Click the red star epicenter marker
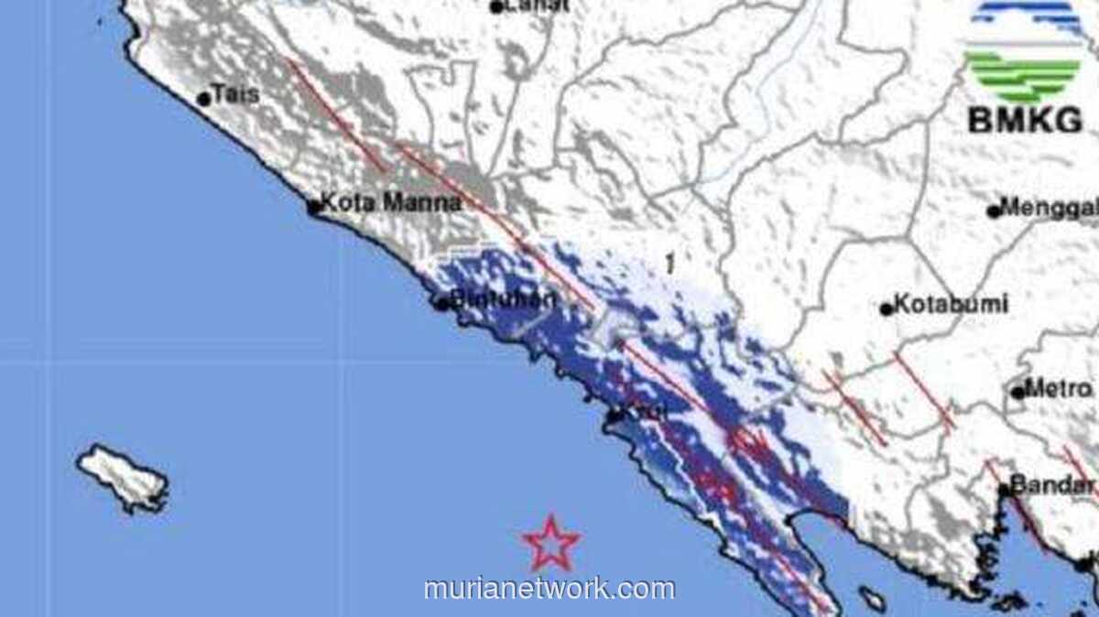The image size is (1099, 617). click(551, 543)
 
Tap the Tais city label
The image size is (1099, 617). click(235, 94)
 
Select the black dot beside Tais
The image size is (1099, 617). click(204, 99)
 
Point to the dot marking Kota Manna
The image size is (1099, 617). click(314, 207)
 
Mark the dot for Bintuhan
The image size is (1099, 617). click(441, 304)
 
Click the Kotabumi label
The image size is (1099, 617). click(951, 304)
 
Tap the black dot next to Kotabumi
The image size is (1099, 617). click(887, 309)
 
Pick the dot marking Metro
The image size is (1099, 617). click(1017, 393)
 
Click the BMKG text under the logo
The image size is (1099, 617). click(1025, 120)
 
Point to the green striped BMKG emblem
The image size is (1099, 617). click(1024, 75)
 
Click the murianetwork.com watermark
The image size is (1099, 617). click(549, 589)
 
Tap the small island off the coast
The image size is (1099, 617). click(122, 477)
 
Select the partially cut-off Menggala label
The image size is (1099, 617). click(1050, 208)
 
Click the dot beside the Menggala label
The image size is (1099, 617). click(994, 211)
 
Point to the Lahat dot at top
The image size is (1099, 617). click(496, 7)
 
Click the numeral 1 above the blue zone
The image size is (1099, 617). click(670, 265)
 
